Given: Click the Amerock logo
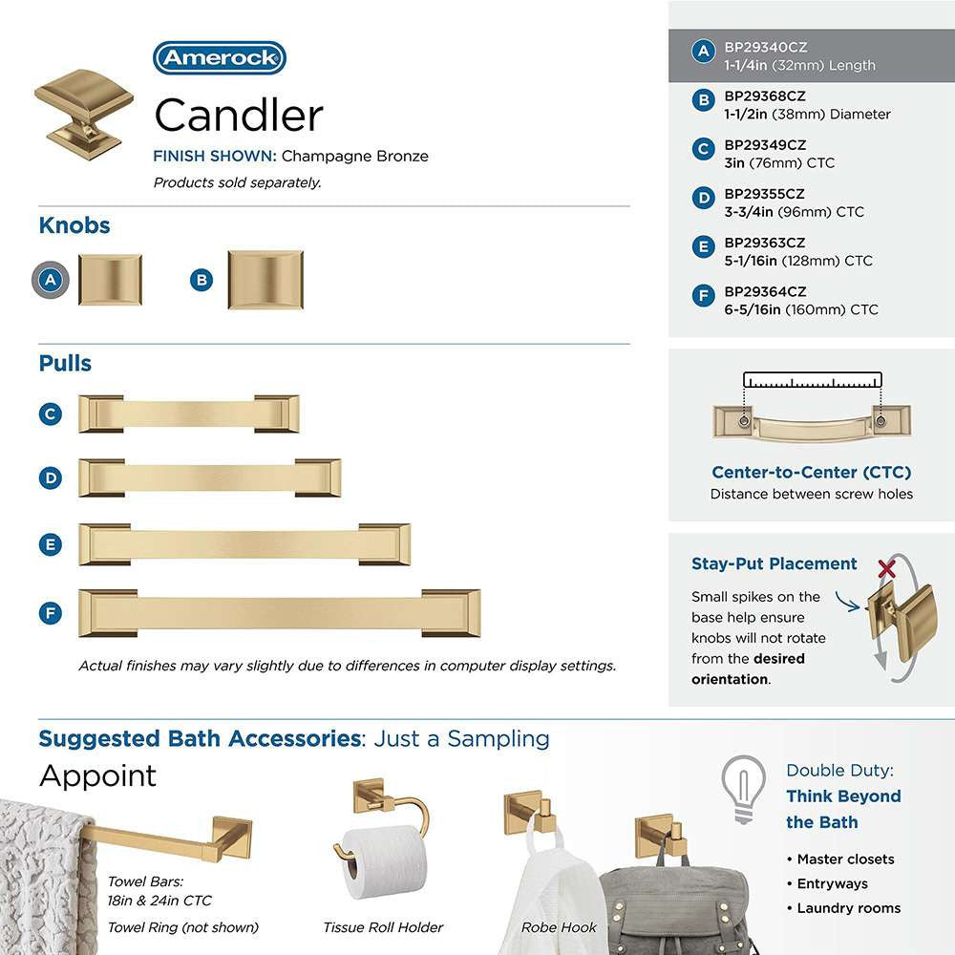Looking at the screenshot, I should pos(220,58).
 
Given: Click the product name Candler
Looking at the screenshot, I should pos(239,116).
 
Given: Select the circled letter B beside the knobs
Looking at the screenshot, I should pos(201,280).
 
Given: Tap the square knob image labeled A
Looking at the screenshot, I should pos(110,280).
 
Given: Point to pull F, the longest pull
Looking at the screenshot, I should pos(279,612).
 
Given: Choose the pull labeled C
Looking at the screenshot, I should pos(188,414).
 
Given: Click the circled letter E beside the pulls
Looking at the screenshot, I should pos(51,545).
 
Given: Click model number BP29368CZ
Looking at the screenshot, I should pos(764,96).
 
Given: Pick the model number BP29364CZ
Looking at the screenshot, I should pos(765,292).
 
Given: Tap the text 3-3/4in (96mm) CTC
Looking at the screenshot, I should pos(794,212).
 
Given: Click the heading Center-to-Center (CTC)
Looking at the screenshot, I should pos(811,473).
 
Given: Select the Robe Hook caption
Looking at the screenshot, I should pos(559,927).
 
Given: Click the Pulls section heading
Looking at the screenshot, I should pos(65,364).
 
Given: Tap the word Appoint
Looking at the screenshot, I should pos(97,775).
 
